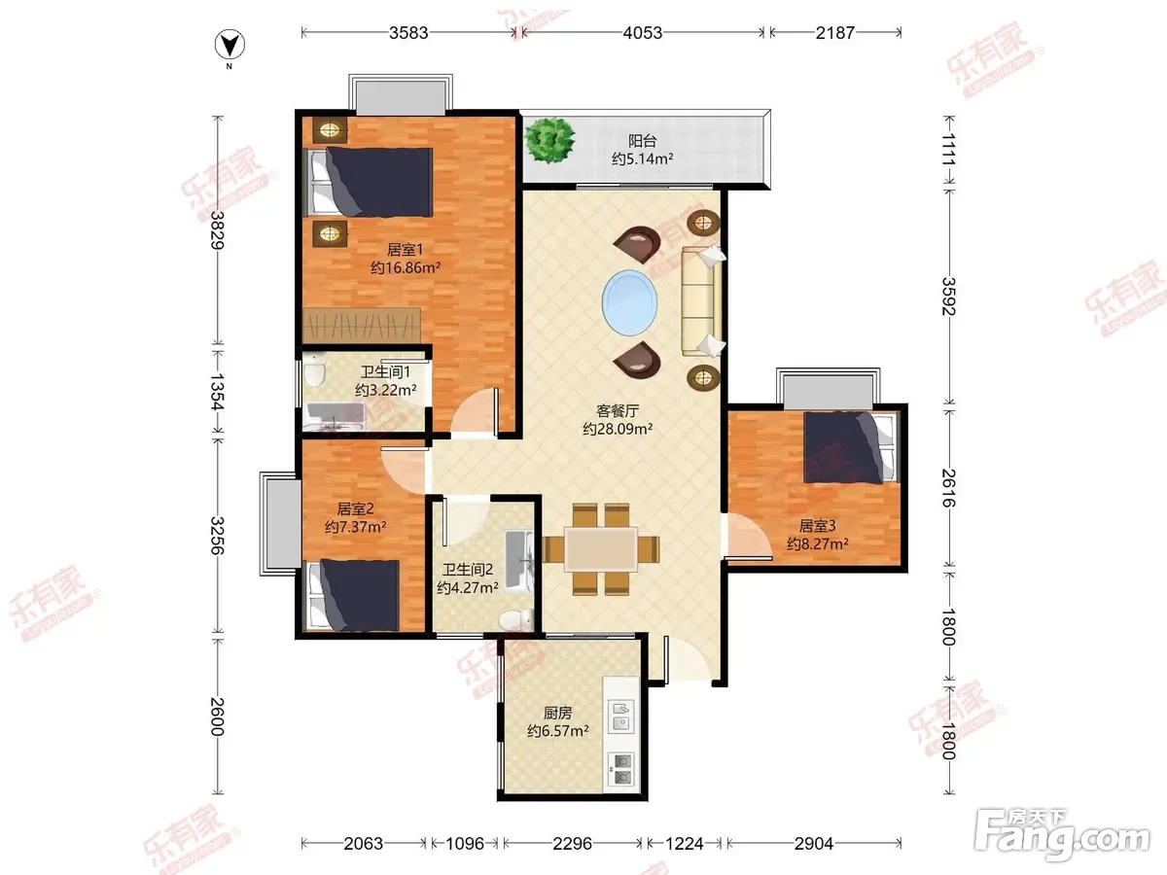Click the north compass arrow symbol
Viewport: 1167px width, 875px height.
click(230, 45)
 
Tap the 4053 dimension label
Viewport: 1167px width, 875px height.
click(642, 33)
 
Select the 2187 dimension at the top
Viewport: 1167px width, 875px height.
click(835, 33)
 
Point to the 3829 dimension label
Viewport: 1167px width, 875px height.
click(218, 230)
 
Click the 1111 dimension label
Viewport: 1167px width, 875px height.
click(949, 150)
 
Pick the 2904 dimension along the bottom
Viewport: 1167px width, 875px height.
click(814, 843)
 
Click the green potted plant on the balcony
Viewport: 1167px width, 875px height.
click(549, 140)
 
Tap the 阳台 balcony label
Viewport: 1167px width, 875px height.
click(642, 141)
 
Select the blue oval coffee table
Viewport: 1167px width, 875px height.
click(629, 302)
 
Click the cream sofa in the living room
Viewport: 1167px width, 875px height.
click(702, 300)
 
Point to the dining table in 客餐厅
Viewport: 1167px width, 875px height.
click(601, 548)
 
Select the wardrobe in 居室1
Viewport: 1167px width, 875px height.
click(362, 325)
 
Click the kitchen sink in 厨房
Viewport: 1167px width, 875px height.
click(621, 717)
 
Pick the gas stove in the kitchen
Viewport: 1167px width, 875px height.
click(621, 770)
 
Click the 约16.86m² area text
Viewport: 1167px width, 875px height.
click(406, 267)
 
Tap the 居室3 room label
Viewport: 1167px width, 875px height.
click(817, 526)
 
